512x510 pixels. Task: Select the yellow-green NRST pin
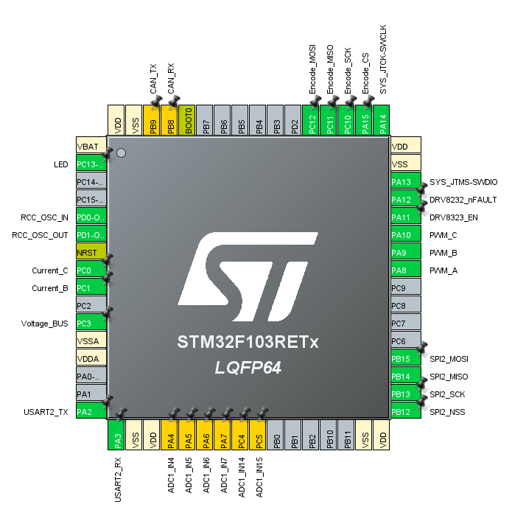(x=91, y=253)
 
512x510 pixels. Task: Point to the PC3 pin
(x=91, y=324)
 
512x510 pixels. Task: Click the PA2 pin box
(x=91, y=412)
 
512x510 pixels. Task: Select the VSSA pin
(x=91, y=341)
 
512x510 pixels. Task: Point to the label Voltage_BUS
(x=44, y=324)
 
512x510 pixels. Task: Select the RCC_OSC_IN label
(x=45, y=217)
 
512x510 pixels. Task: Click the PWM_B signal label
(x=443, y=253)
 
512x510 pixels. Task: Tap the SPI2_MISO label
(x=449, y=377)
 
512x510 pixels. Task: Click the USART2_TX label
(x=46, y=412)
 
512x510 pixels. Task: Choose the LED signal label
(x=61, y=164)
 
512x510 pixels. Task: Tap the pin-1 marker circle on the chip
(x=122, y=153)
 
